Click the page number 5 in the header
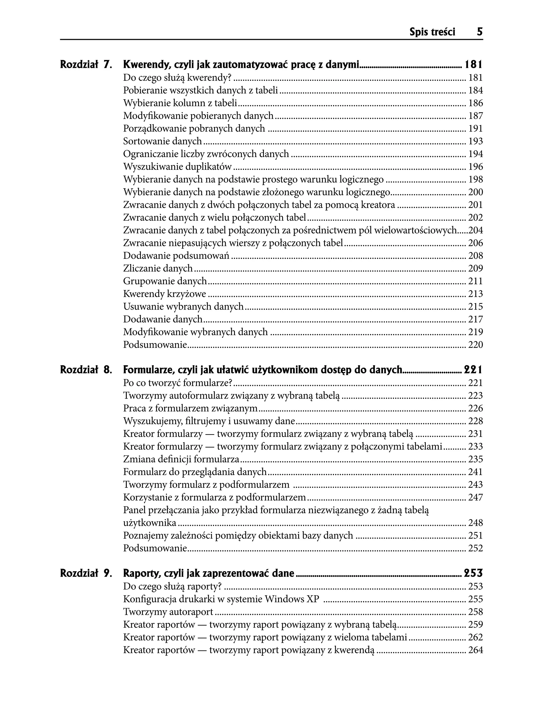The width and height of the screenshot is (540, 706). click(480, 32)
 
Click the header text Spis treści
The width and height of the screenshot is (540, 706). click(432, 32)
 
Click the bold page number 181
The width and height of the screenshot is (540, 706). click(474, 65)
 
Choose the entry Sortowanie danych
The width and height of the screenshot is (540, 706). click(162, 141)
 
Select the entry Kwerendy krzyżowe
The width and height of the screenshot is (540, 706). click(165, 293)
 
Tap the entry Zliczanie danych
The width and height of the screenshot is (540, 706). click(158, 268)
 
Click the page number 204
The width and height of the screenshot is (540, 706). click(475, 230)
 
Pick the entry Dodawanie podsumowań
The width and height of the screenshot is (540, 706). click(176, 255)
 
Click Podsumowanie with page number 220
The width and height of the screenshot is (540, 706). click(155, 345)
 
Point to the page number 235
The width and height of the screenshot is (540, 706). click(475, 459)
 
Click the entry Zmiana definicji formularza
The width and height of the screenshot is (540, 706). click(181, 459)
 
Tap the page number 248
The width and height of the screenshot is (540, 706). click(475, 523)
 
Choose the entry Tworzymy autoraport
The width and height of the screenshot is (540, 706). click(168, 612)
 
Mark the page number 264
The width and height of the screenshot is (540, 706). click(475, 650)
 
